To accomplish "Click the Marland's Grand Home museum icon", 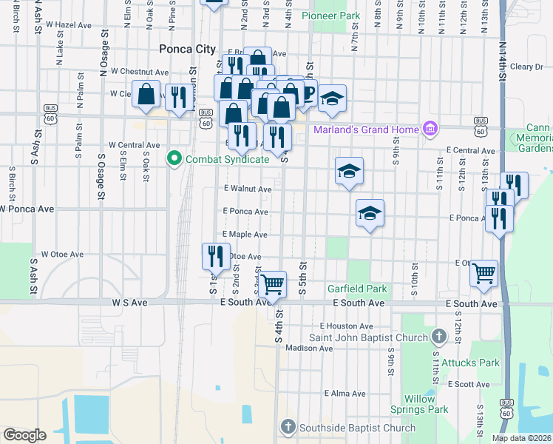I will tap(429, 130).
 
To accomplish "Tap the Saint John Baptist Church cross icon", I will tap(439, 337).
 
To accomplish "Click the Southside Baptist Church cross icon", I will tap(288, 427).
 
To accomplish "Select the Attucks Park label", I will tap(470, 363).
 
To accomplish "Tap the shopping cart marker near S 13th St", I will tap(484, 273).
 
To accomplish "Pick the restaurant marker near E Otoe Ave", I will tap(216, 256).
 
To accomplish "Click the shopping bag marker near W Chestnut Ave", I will tap(147, 93).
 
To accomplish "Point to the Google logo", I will tap(25, 434).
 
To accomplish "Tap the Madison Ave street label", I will tap(305, 348).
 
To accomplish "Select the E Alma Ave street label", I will tap(345, 393).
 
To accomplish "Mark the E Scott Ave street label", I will tap(467, 384).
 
